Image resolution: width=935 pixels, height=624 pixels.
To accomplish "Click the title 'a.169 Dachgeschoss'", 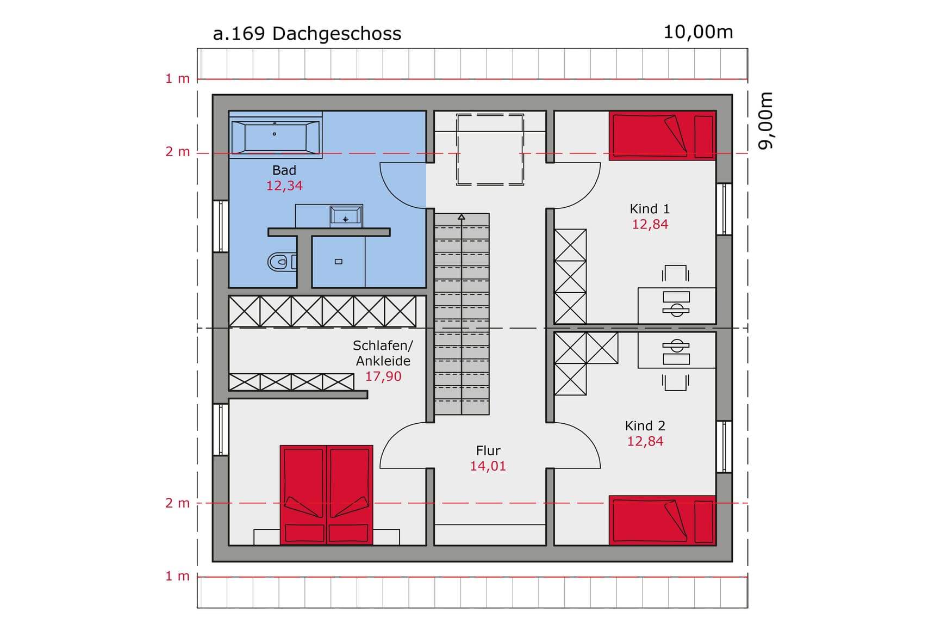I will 307,34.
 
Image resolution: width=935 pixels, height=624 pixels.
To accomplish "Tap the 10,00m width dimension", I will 698,32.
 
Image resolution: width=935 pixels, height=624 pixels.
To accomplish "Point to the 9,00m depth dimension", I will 765,120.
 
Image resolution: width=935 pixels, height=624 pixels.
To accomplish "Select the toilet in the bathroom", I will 280,262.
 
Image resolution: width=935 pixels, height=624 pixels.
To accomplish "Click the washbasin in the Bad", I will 346,217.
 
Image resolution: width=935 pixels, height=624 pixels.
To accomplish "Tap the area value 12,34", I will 284,186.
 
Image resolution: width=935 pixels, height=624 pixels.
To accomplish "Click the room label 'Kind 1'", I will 650,209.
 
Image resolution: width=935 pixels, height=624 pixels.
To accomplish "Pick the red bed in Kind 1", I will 662,135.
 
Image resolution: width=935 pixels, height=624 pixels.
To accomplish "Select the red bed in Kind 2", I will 662,520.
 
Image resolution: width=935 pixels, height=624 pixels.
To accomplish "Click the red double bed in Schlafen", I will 327,495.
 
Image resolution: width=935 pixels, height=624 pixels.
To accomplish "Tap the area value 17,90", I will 383,376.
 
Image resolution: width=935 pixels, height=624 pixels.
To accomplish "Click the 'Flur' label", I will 488,451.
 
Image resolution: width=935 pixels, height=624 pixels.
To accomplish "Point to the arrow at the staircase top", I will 462,218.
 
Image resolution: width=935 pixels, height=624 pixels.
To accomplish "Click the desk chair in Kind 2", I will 676,381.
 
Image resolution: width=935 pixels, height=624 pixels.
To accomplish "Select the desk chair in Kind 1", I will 676,274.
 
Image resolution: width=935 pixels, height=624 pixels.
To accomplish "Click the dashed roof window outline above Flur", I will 490,149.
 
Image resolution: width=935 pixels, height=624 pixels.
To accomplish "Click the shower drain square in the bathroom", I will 339,262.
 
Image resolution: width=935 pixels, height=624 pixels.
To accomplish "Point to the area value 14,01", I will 488,466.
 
